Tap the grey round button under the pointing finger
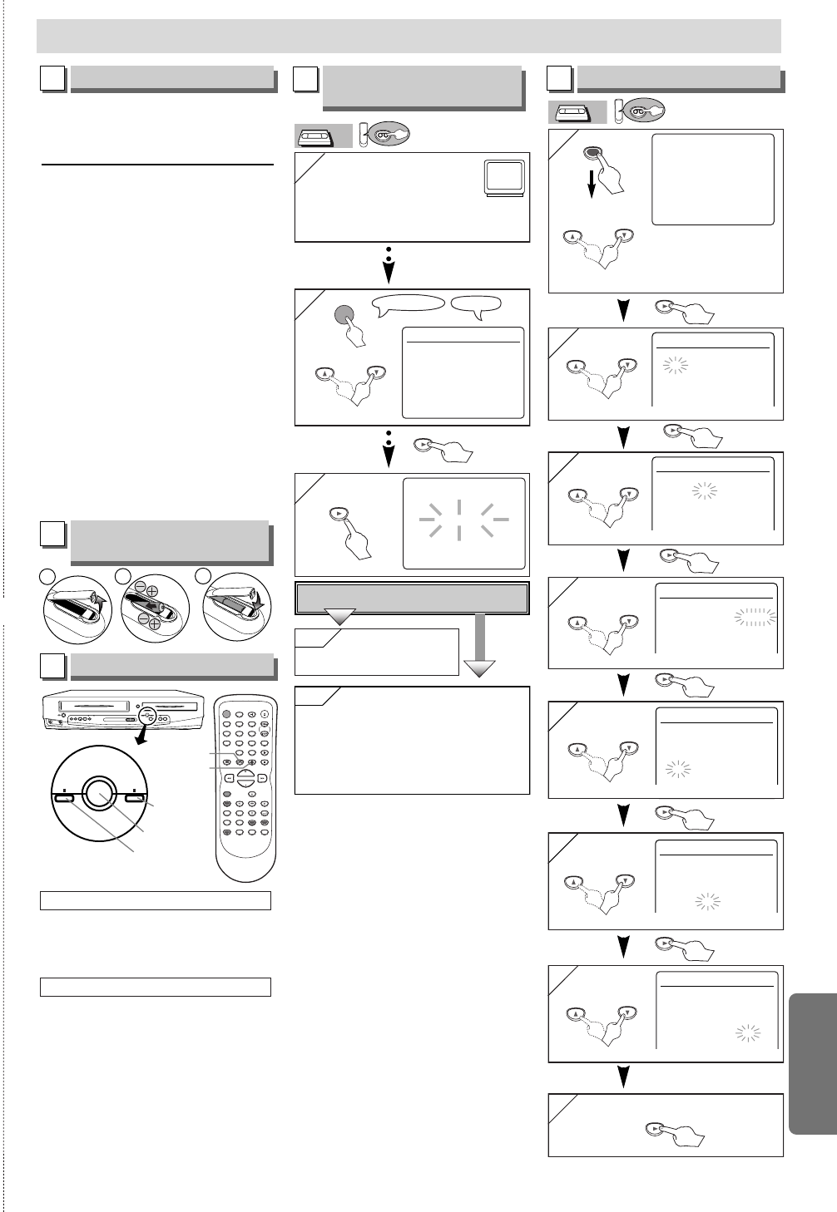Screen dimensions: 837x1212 [344, 315]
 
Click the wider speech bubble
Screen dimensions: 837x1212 [408, 304]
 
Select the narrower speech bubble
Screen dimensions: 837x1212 [476, 304]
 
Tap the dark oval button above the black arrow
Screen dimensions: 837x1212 [592, 153]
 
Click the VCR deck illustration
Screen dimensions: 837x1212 [123, 712]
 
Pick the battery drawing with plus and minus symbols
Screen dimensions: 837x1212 [155, 607]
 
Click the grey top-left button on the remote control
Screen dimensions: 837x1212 [227, 714]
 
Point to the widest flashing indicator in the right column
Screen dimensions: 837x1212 [755, 617]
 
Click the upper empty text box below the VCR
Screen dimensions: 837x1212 [156, 900]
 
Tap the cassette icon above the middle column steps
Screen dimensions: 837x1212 [323, 136]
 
